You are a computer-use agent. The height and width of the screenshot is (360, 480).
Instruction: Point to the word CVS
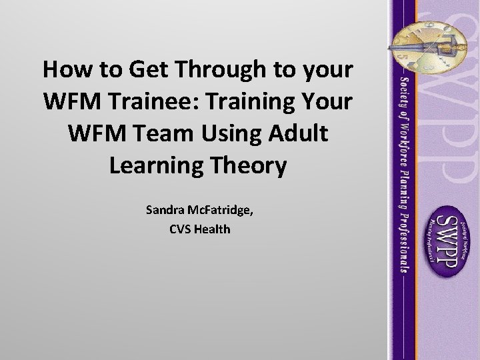click(181, 229)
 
